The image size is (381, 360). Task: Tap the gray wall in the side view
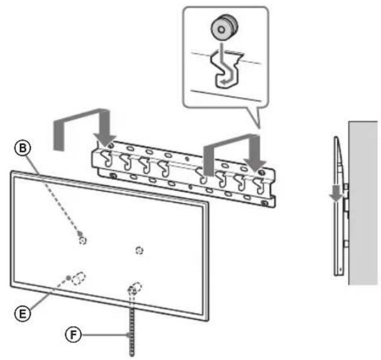tap(363, 199)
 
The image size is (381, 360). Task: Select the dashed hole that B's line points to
tap(83, 239)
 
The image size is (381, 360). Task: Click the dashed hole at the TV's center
tap(139, 249)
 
